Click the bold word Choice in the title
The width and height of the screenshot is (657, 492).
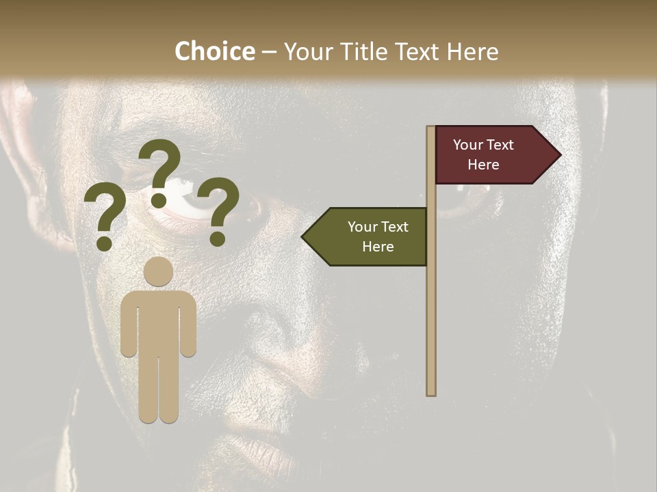click(214, 51)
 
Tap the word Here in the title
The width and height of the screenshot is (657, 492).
click(472, 51)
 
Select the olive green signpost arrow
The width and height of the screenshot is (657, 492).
click(370, 236)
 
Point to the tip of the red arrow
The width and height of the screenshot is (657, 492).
click(559, 155)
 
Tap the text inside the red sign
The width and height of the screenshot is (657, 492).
click(483, 154)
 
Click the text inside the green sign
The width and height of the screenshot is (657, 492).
click(378, 236)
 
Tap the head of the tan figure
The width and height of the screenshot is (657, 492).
click(159, 272)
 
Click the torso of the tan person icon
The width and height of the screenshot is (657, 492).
click(159, 321)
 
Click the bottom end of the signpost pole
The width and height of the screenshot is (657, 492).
click(431, 392)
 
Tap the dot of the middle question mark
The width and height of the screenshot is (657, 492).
click(159, 200)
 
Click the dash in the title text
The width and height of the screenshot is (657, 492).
click(269, 52)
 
